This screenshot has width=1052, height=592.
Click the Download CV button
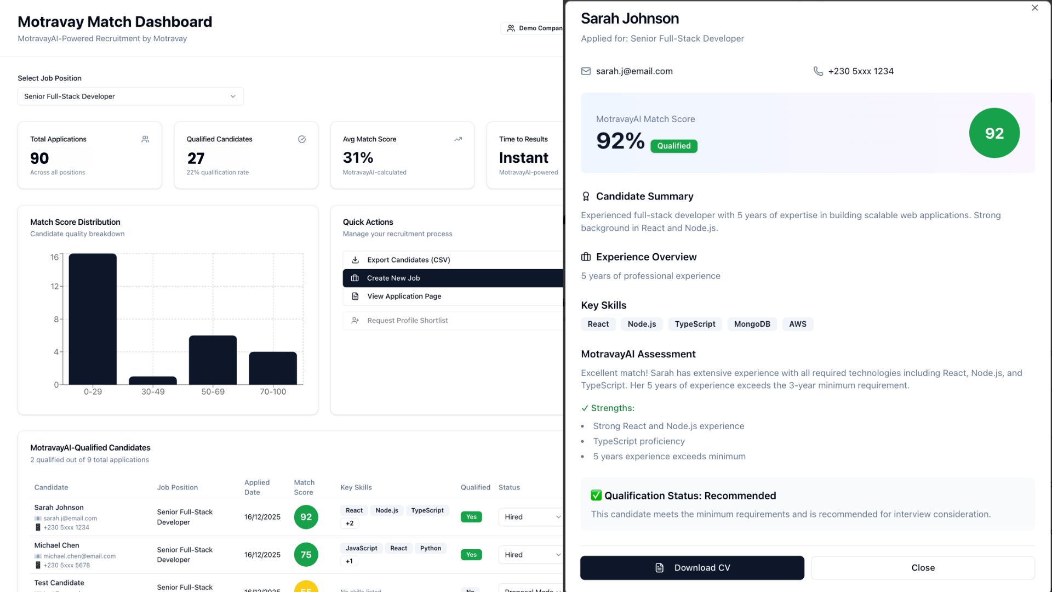(692, 568)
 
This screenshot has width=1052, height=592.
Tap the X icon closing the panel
(1034, 8)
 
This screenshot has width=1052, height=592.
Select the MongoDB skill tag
(752, 324)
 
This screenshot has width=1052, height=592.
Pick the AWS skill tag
(797, 324)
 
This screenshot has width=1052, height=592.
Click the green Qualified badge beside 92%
(673, 146)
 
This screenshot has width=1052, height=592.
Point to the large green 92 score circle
(994, 133)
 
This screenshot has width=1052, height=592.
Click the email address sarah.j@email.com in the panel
(634, 71)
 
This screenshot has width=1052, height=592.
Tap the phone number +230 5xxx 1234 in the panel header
(860, 71)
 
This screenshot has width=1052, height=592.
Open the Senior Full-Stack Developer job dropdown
(130, 96)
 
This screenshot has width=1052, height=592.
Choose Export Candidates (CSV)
(408, 260)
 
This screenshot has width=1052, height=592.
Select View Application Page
(404, 296)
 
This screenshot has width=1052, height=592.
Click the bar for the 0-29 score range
(93, 319)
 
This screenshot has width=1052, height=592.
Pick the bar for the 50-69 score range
(213, 360)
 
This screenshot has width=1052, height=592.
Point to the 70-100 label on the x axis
(273, 391)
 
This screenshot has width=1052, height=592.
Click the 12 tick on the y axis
(54, 286)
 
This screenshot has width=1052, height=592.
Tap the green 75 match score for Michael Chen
(306, 555)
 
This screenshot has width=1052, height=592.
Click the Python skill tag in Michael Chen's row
(430, 548)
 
